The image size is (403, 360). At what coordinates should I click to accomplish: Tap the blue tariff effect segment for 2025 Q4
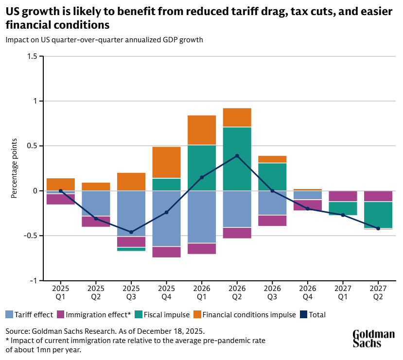click(x=166, y=219)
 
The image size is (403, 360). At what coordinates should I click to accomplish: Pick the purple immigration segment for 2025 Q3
click(x=131, y=241)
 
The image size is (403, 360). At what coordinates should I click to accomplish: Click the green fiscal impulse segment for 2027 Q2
click(x=378, y=215)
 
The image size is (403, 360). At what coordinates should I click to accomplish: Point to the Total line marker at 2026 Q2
click(x=237, y=156)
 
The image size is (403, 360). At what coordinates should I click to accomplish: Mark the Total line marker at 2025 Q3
click(x=131, y=232)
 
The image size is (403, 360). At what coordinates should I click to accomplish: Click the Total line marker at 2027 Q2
click(x=378, y=228)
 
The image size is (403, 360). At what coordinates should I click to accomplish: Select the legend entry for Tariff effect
click(x=29, y=314)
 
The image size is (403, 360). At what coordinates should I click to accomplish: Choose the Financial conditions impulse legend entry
click(x=245, y=314)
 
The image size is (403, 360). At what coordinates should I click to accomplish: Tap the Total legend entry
click(x=313, y=314)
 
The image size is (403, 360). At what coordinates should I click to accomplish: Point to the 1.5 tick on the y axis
click(x=33, y=56)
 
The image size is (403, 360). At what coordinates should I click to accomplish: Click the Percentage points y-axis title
click(x=14, y=168)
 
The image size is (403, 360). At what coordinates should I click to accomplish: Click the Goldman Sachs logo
click(x=373, y=339)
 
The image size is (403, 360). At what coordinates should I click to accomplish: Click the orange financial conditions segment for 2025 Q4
click(x=166, y=162)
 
